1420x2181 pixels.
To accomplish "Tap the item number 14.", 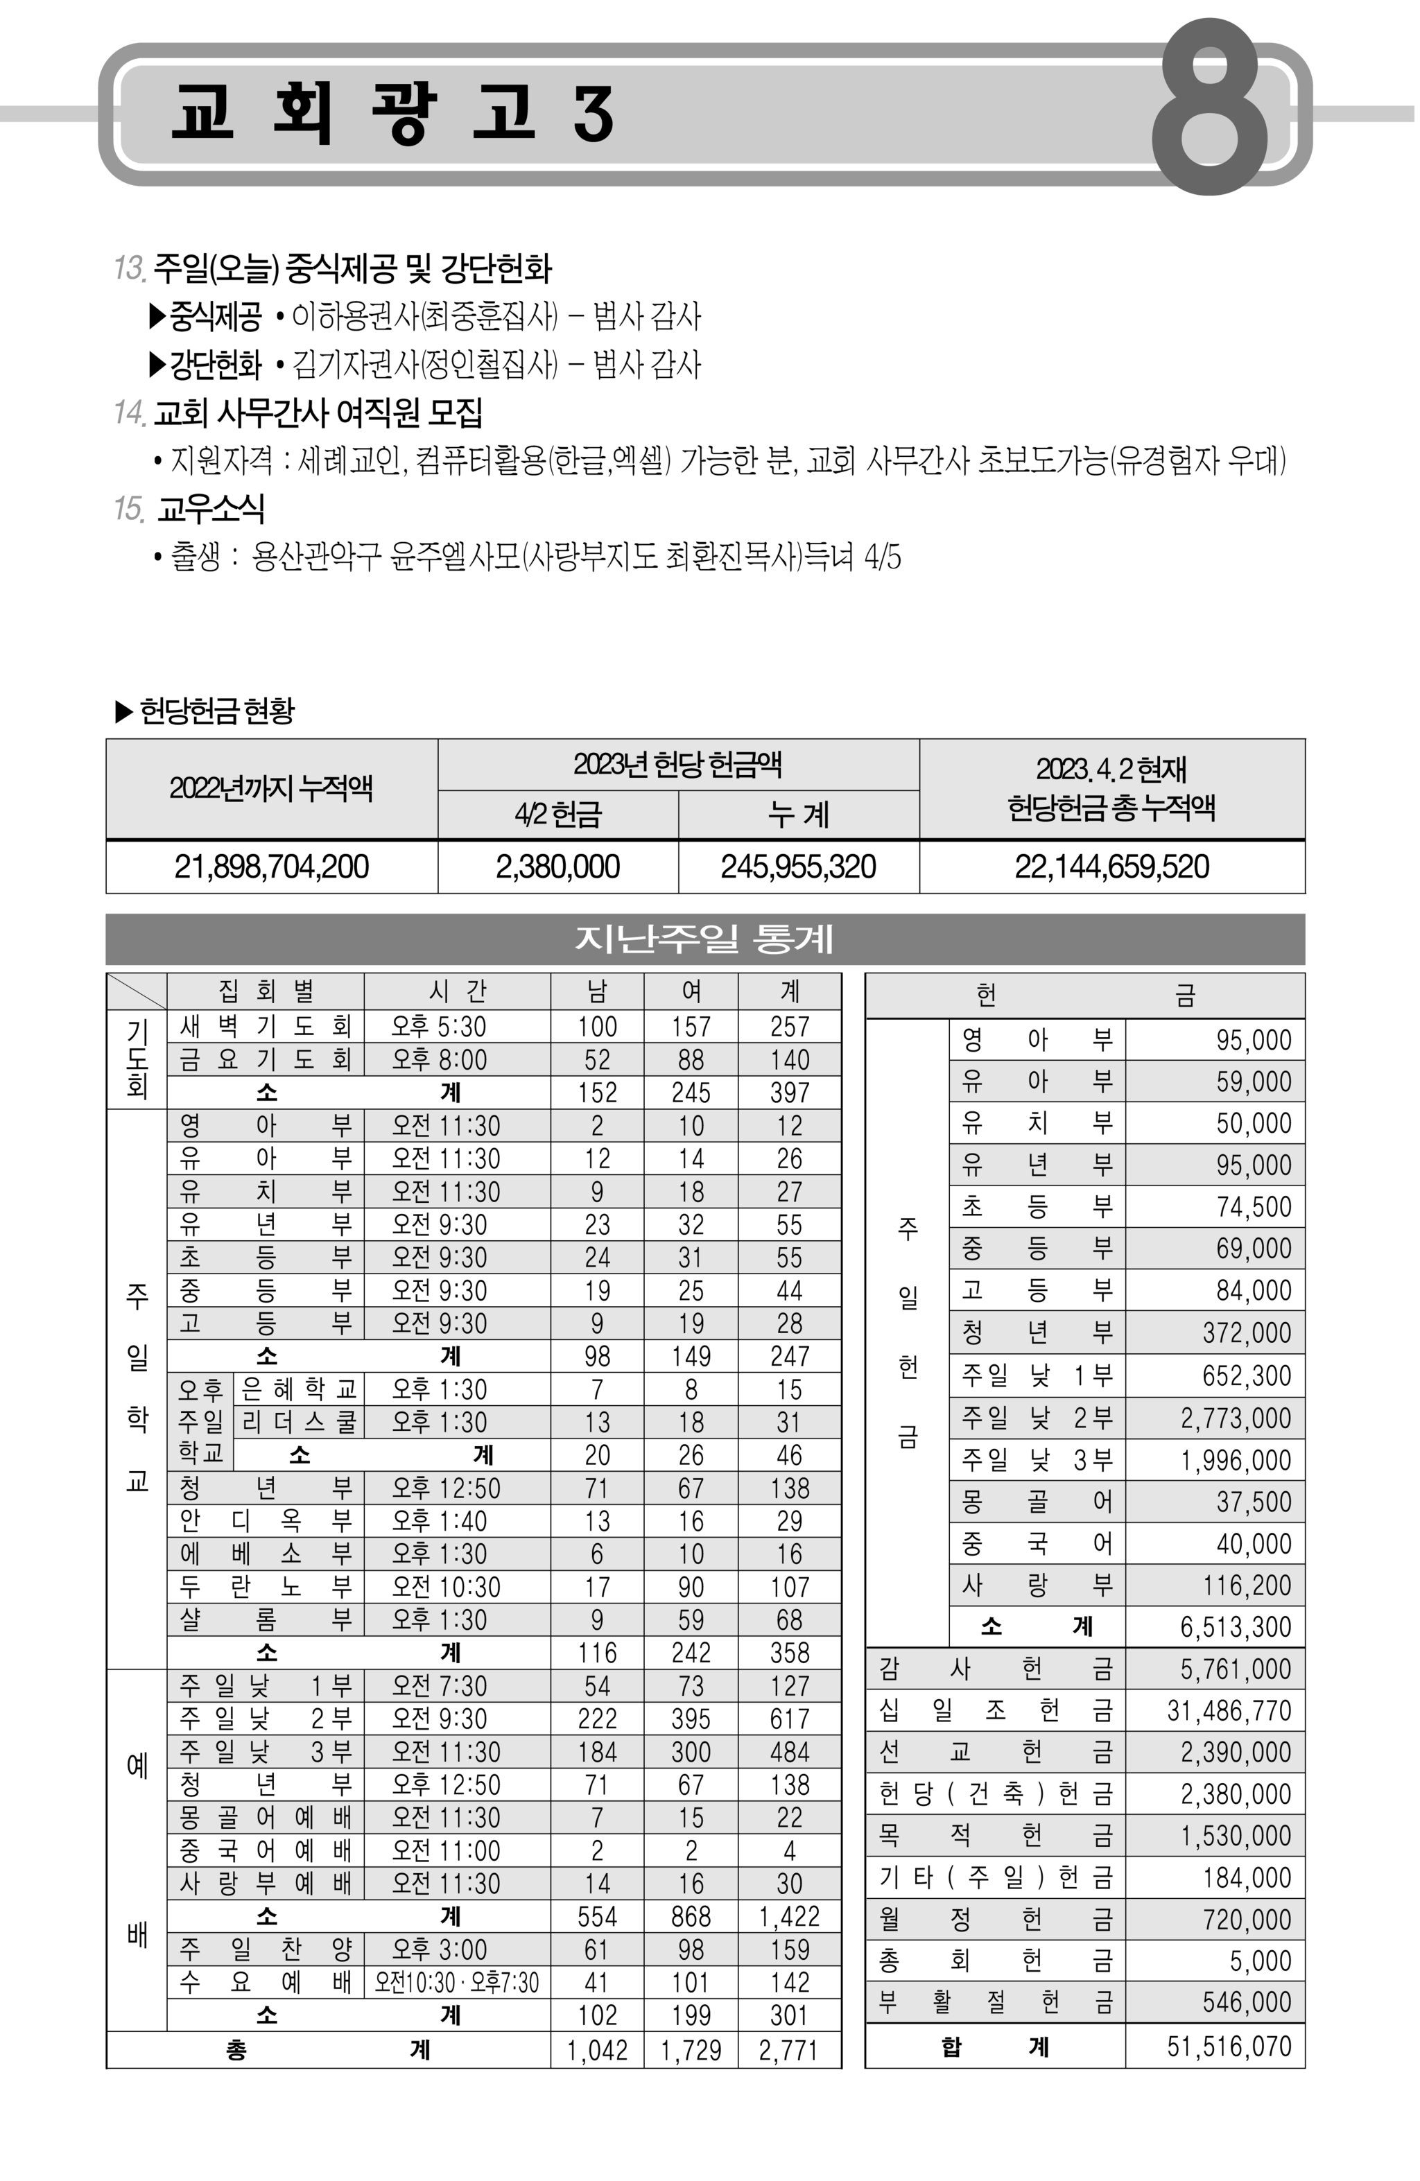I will pyautogui.click(x=129, y=412).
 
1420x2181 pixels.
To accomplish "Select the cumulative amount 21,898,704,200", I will pyautogui.click(x=271, y=867).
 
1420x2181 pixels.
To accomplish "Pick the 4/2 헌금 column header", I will pyautogui.click(x=557, y=814).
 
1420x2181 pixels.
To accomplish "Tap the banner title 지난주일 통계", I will pyautogui.click(x=704, y=939).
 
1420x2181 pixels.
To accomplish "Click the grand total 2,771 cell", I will pyautogui.click(x=788, y=2050).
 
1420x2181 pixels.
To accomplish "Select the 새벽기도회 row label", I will pyautogui.click(x=266, y=1026).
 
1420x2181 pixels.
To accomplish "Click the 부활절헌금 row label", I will pyautogui.click(x=995, y=2002).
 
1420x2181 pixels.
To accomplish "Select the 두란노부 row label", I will pyautogui.click(x=266, y=1587).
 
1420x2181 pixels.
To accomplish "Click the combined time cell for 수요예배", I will pyautogui.click(x=456, y=1983).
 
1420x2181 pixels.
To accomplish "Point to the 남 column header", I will pyautogui.click(x=597, y=991).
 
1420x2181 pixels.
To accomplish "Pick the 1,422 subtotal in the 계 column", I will pyautogui.click(x=788, y=1917).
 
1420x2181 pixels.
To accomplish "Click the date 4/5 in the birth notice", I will pyautogui.click(x=882, y=556).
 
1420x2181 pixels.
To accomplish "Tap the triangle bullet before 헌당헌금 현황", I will pyautogui.click(x=123, y=711).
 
